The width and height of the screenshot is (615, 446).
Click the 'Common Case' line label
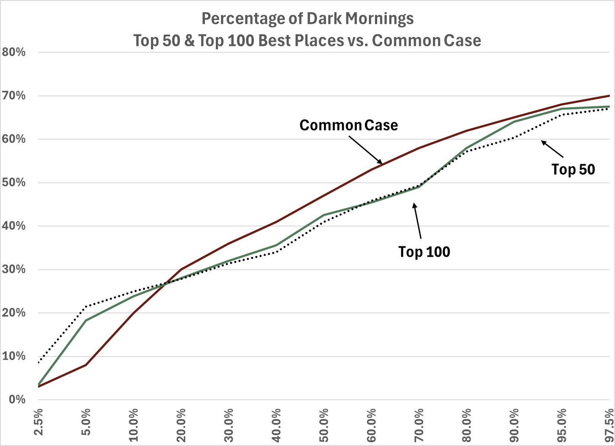(349, 125)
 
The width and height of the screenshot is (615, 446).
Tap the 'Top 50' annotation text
(573, 169)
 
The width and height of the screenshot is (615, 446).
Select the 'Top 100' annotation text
(424, 252)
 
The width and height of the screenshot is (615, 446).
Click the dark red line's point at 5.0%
(86, 365)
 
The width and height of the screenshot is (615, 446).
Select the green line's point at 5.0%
(86, 320)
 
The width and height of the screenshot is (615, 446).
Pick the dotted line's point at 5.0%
(86, 306)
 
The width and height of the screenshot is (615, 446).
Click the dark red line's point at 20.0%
(181, 269)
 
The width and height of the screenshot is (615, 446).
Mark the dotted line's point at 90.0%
(514, 138)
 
